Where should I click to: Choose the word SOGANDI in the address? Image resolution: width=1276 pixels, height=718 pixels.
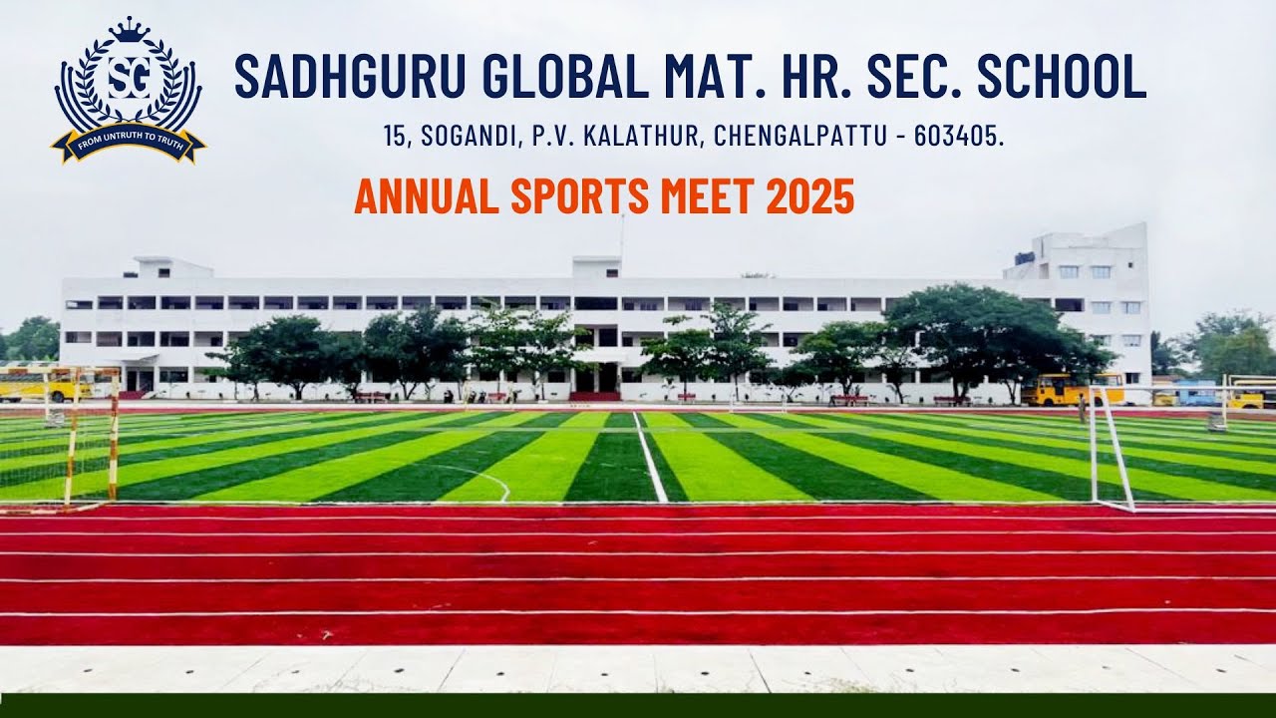click(468, 137)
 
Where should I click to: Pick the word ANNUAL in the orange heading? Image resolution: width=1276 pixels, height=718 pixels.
click(427, 196)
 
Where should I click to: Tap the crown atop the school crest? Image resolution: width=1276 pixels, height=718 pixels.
click(128, 30)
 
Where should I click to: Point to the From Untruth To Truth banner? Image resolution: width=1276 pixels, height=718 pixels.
click(128, 143)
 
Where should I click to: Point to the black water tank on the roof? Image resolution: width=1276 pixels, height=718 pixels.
click(1025, 256)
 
